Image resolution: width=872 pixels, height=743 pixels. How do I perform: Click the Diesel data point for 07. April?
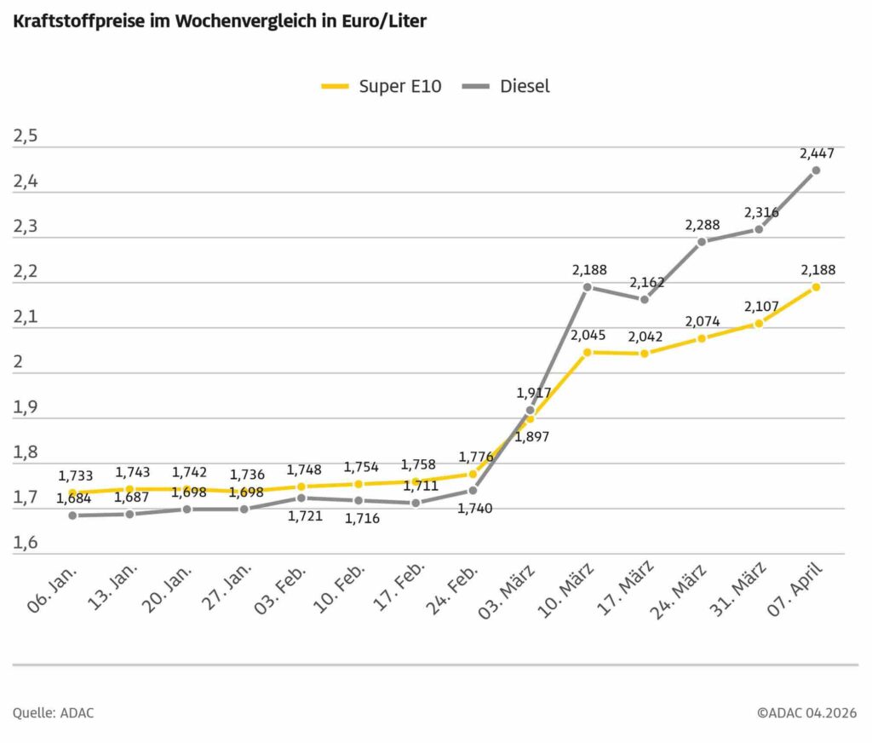tap(816, 170)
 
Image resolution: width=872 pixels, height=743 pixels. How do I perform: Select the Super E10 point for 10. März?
tap(588, 352)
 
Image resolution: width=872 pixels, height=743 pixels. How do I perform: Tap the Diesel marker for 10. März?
tap(588, 287)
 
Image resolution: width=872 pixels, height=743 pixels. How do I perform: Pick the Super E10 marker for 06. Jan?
tap(72, 493)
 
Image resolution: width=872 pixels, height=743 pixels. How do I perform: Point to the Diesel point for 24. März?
tap(702, 242)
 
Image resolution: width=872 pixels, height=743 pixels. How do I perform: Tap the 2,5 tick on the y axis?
tap(26, 137)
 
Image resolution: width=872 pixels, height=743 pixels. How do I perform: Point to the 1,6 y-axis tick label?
tap(26, 544)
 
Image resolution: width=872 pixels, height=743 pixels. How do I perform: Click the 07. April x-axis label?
tap(799, 593)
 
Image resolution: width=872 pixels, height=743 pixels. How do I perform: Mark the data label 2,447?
tap(817, 153)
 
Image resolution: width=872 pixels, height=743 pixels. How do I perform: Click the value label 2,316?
tap(760, 212)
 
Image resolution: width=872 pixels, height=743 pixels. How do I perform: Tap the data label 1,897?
tap(532, 436)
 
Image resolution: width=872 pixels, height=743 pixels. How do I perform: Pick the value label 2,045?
tap(588, 335)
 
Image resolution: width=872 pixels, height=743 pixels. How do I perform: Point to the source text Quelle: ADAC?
tap(53, 712)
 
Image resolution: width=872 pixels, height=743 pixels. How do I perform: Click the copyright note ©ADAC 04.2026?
tap(806, 712)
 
